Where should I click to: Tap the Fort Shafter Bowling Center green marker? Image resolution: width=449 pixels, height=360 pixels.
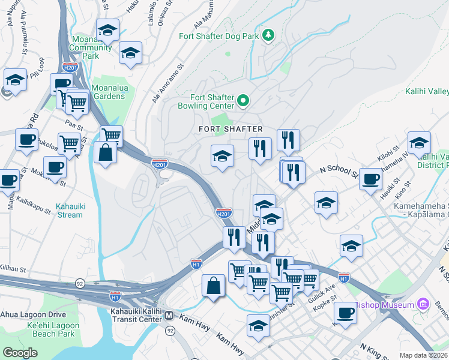tap(243, 101)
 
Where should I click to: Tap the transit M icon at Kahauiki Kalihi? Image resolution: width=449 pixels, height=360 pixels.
tap(169, 316)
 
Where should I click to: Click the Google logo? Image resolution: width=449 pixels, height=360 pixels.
tap(20, 353)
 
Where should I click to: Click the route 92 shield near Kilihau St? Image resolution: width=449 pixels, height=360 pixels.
tap(80, 283)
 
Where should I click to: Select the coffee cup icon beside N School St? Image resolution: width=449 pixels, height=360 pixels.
tap(370, 178)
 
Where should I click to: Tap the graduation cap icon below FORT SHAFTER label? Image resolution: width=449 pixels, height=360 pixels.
tap(222, 156)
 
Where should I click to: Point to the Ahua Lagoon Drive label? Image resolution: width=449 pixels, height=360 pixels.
tap(32, 314)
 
